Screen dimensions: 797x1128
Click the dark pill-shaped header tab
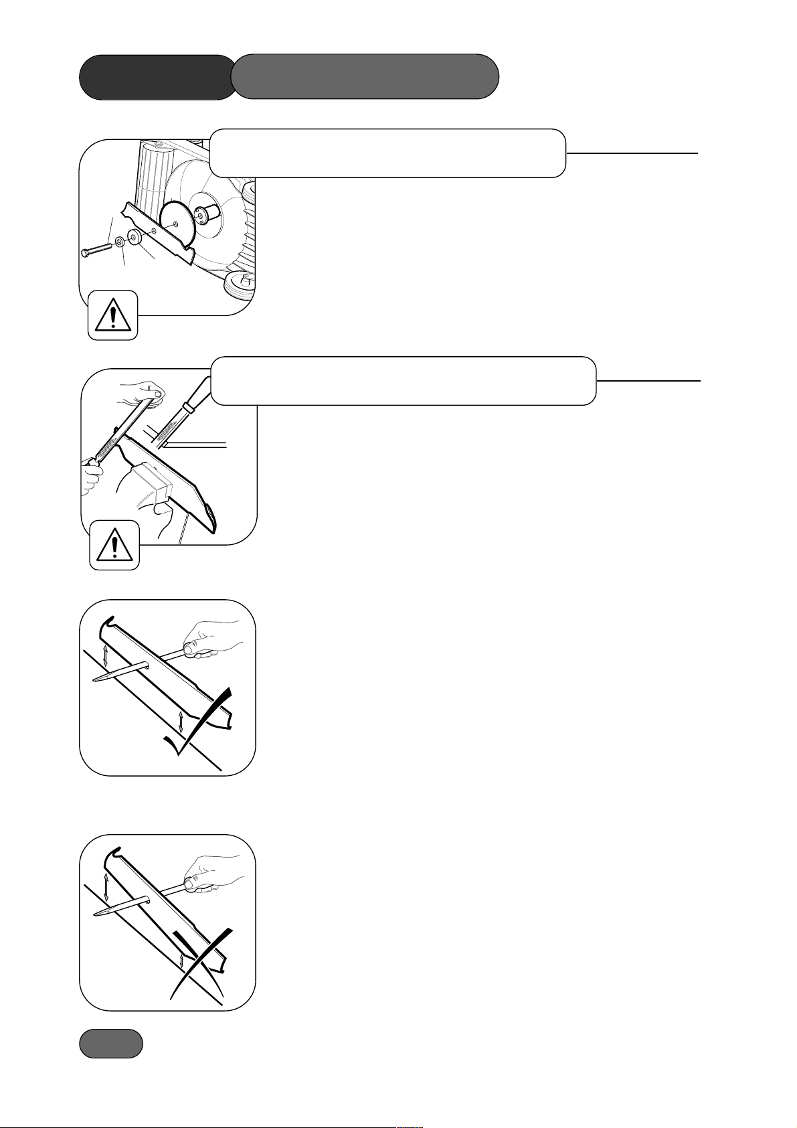pyautogui.click(x=157, y=77)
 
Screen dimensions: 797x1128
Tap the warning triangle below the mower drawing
pyautogui.click(x=113, y=315)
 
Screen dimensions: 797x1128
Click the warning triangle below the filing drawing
pyautogui.click(x=114, y=545)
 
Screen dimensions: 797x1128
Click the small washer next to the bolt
pyautogui.click(x=118, y=241)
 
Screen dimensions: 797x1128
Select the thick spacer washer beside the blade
pyautogui.click(x=135, y=237)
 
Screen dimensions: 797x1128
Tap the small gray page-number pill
pyautogui.click(x=111, y=1044)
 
